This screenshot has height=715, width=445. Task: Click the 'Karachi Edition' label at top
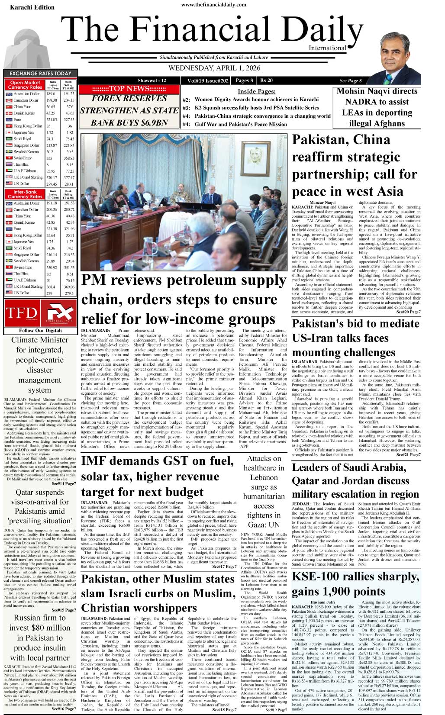[x=32, y=7]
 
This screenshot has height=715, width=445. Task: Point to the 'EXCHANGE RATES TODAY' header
[x=40, y=73]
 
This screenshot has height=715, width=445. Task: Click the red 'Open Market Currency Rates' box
[x=25, y=85]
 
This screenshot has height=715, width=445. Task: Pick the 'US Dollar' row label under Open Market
[x=21, y=184]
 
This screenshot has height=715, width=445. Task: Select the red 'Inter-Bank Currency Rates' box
[x=25, y=194]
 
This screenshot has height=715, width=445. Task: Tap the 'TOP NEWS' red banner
[x=129, y=89]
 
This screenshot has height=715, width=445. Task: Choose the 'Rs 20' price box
[x=266, y=81]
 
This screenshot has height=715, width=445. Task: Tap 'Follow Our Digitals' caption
[x=41, y=330]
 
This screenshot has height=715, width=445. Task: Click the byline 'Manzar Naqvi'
[x=322, y=203]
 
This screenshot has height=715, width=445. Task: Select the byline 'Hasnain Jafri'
[x=322, y=602]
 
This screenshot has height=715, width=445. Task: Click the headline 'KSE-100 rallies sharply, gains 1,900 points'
[x=355, y=584]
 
